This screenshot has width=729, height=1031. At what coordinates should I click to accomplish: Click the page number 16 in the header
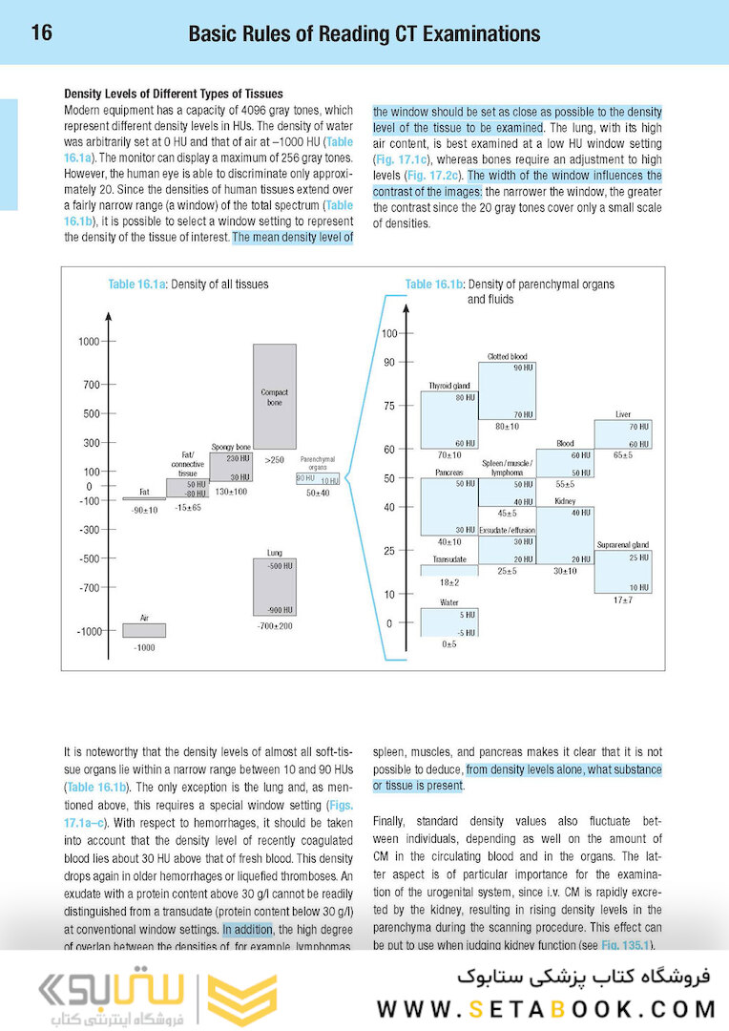(x=41, y=33)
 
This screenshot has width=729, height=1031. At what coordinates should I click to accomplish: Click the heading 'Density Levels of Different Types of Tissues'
(x=173, y=94)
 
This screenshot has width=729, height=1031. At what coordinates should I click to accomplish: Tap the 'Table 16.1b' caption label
(x=434, y=284)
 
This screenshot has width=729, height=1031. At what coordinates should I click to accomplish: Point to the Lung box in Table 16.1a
(x=274, y=586)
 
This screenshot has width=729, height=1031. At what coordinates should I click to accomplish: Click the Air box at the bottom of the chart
(x=144, y=630)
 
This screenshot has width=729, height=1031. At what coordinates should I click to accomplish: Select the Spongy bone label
(x=230, y=446)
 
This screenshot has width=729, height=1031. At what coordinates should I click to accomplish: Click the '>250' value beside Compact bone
(x=275, y=460)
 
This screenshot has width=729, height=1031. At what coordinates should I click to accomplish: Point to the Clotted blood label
(x=507, y=356)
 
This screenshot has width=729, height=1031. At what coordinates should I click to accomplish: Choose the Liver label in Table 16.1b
(x=623, y=414)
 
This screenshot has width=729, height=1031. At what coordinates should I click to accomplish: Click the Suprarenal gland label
(x=623, y=544)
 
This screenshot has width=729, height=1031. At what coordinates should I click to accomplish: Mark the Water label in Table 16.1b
(x=448, y=602)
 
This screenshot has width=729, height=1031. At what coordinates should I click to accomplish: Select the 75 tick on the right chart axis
(x=389, y=406)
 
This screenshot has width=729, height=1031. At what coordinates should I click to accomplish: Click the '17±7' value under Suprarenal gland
(x=623, y=600)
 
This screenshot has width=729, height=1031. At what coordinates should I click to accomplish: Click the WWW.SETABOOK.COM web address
(x=546, y=1009)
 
